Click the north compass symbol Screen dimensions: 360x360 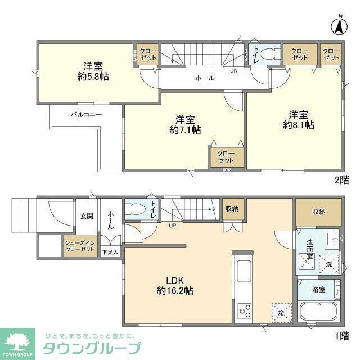coord(339,25)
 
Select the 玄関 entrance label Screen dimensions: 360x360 coord(86,215)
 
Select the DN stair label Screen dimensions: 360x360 coord(233,70)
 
